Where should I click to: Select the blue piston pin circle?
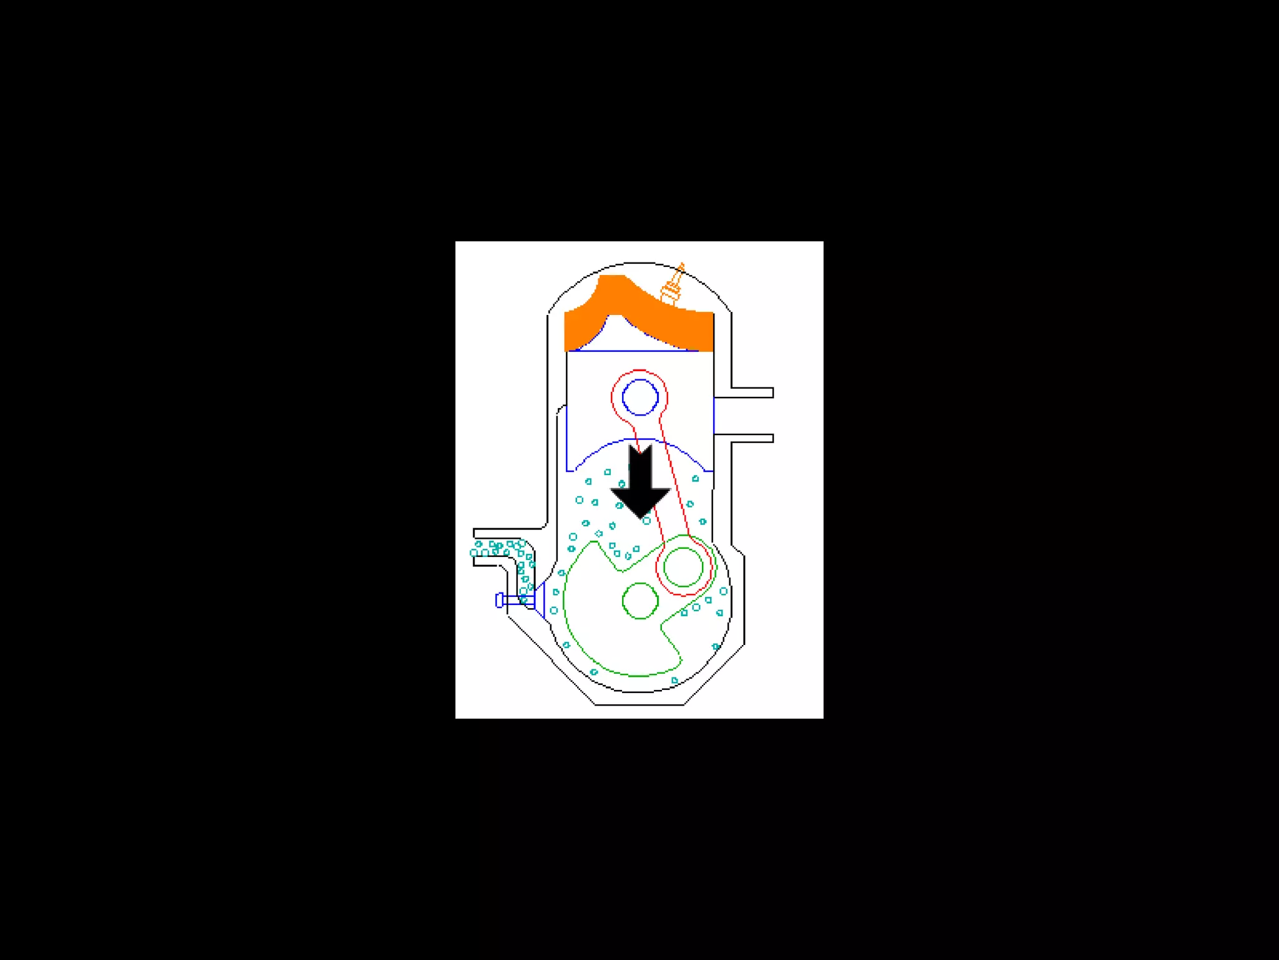(x=640, y=397)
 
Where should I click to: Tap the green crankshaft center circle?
(x=640, y=601)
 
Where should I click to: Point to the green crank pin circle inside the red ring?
(x=683, y=567)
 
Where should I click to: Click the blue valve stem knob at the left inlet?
(x=499, y=600)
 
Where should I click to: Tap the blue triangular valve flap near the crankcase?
(x=541, y=600)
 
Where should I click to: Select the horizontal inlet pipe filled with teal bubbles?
(x=496, y=549)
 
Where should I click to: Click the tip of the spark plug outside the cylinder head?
(x=681, y=266)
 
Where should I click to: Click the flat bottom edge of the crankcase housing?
(x=639, y=704)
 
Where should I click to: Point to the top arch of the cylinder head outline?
(x=639, y=263)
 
